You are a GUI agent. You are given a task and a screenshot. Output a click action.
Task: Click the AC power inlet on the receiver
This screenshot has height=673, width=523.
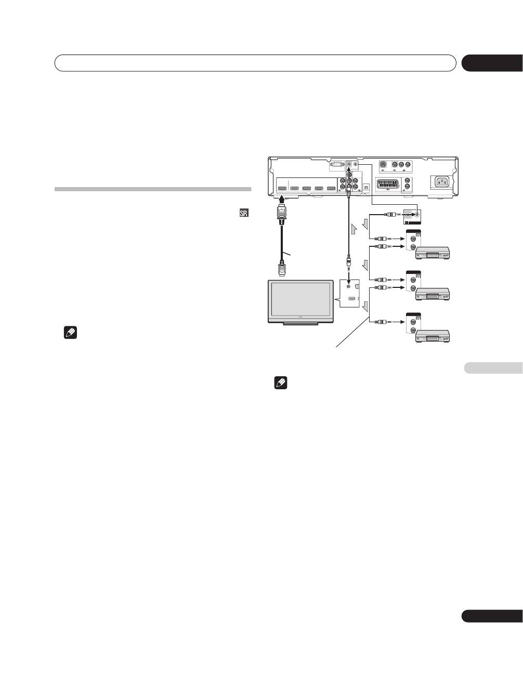click(x=441, y=182)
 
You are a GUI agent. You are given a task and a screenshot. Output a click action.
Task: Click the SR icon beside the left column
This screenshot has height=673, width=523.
click(x=244, y=214)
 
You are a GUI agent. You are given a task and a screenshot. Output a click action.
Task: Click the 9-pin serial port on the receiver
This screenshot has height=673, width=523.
click(x=337, y=166)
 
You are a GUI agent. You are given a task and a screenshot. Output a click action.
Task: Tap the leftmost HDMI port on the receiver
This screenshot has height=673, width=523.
click(x=282, y=189)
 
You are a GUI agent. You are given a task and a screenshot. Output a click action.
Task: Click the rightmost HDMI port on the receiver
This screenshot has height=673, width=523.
click(x=331, y=189)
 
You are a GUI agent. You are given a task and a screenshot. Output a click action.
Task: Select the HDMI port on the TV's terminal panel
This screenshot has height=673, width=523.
click(x=352, y=299)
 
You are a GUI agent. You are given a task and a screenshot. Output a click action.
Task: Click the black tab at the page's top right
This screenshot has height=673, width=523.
click(x=492, y=63)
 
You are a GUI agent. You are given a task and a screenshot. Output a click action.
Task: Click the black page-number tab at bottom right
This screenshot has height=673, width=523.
click(x=492, y=616)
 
